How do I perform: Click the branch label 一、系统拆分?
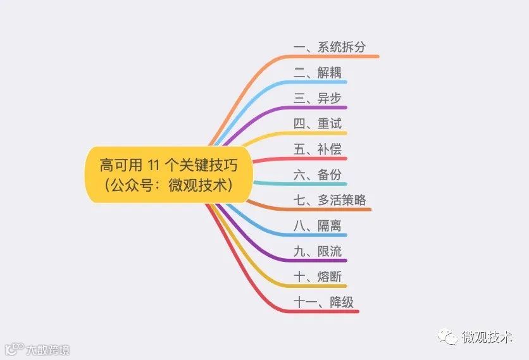pyautogui.click(x=330, y=47)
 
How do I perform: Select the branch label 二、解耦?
pyautogui.click(x=317, y=73)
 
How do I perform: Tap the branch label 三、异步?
pyautogui.click(x=317, y=98)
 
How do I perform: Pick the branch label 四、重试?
pyautogui.click(x=317, y=123)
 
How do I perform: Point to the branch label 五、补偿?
pyautogui.click(x=317, y=149)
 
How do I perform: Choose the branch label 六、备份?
pyautogui.click(x=317, y=175)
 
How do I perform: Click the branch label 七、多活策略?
pyautogui.click(x=330, y=201)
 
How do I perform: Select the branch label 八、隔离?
pyautogui.click(x=317, y=226)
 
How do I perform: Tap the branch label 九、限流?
pyautogui.click(x=317, y=252)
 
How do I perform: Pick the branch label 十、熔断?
pyautogui.click(x=317, y=277)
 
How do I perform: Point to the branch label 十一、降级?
pyautogui.click(x=323, y=302)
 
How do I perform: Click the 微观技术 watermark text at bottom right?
pyautogui.click(x=487, y=337)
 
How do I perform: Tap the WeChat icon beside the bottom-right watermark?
pyautogui.click(x=450, y=338)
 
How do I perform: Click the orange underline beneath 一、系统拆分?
pyautogui.click(x=335, y=57)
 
